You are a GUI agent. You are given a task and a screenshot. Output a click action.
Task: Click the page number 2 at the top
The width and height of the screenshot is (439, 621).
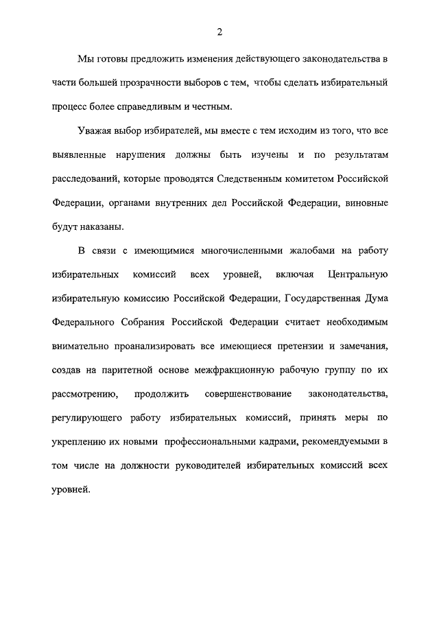point(219,31)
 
